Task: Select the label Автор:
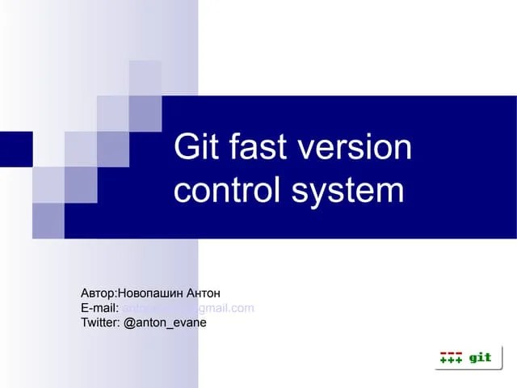tap(99, 292)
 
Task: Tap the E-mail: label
tap(100, 307)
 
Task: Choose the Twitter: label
tap(101, 323)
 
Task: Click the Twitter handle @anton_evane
tap(166, 323)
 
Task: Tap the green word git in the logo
tap(480, 357)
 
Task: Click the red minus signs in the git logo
tap(450, 354)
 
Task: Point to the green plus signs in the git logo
tap(450, 361)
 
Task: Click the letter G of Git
tap(186, 149)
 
